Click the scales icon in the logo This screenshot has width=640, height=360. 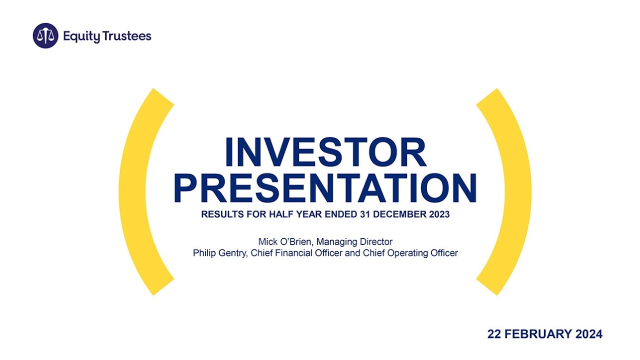coord(45,36)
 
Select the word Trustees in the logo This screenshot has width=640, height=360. coord(127,36)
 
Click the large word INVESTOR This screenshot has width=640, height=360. coord(325,152)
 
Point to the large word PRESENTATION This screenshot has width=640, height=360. coord(325,188)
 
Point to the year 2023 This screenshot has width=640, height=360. coord(438,215)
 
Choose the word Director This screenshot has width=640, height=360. coord(376,242)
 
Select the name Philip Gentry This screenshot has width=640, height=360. coord(219,253)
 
